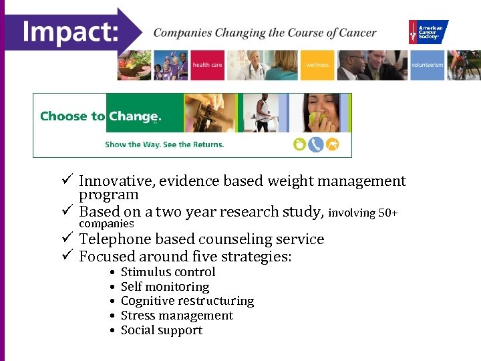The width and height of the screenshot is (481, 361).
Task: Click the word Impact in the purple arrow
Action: click(x=70, y=31)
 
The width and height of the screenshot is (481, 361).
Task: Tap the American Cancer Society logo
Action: click(x=428, y=32)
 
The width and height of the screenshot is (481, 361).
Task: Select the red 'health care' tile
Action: click(x=207, y=66)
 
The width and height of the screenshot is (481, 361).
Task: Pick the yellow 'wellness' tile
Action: click(x=317, y=66)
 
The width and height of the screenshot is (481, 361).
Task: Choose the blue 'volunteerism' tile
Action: click(x=427, y=66)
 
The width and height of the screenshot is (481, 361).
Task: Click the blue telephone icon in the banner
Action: click(x=316, y=144)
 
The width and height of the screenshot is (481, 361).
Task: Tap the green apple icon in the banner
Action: click(x=299, y=144)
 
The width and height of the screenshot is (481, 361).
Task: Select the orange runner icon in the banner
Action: click(x=333, y=144)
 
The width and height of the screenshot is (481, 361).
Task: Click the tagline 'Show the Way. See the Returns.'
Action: click(x=164, y=144)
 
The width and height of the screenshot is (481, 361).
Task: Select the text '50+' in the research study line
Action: click(x=388, y=213)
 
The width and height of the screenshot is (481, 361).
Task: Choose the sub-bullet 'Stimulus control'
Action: click(x=168, y=272)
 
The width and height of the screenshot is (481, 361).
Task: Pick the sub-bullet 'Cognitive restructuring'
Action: click(x=187, y=301)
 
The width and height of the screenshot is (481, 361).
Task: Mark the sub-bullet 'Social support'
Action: click(x=161, y=330)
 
